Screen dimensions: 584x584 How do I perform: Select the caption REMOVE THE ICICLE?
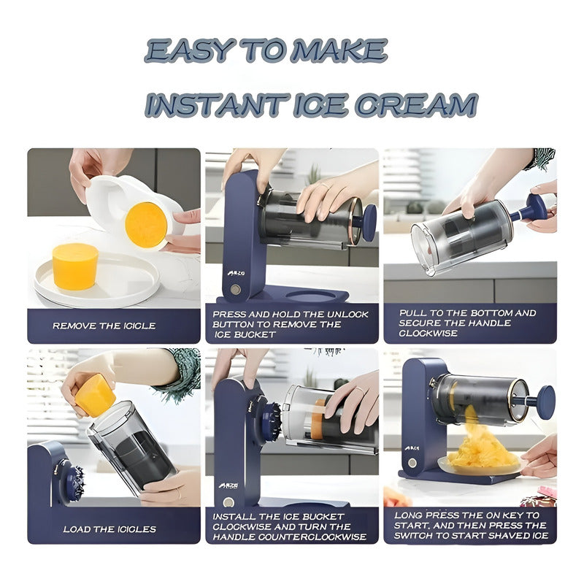(104, 326)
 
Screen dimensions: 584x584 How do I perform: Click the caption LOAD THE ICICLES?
(109, 529)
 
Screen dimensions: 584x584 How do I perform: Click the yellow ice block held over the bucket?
(95, 394)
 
